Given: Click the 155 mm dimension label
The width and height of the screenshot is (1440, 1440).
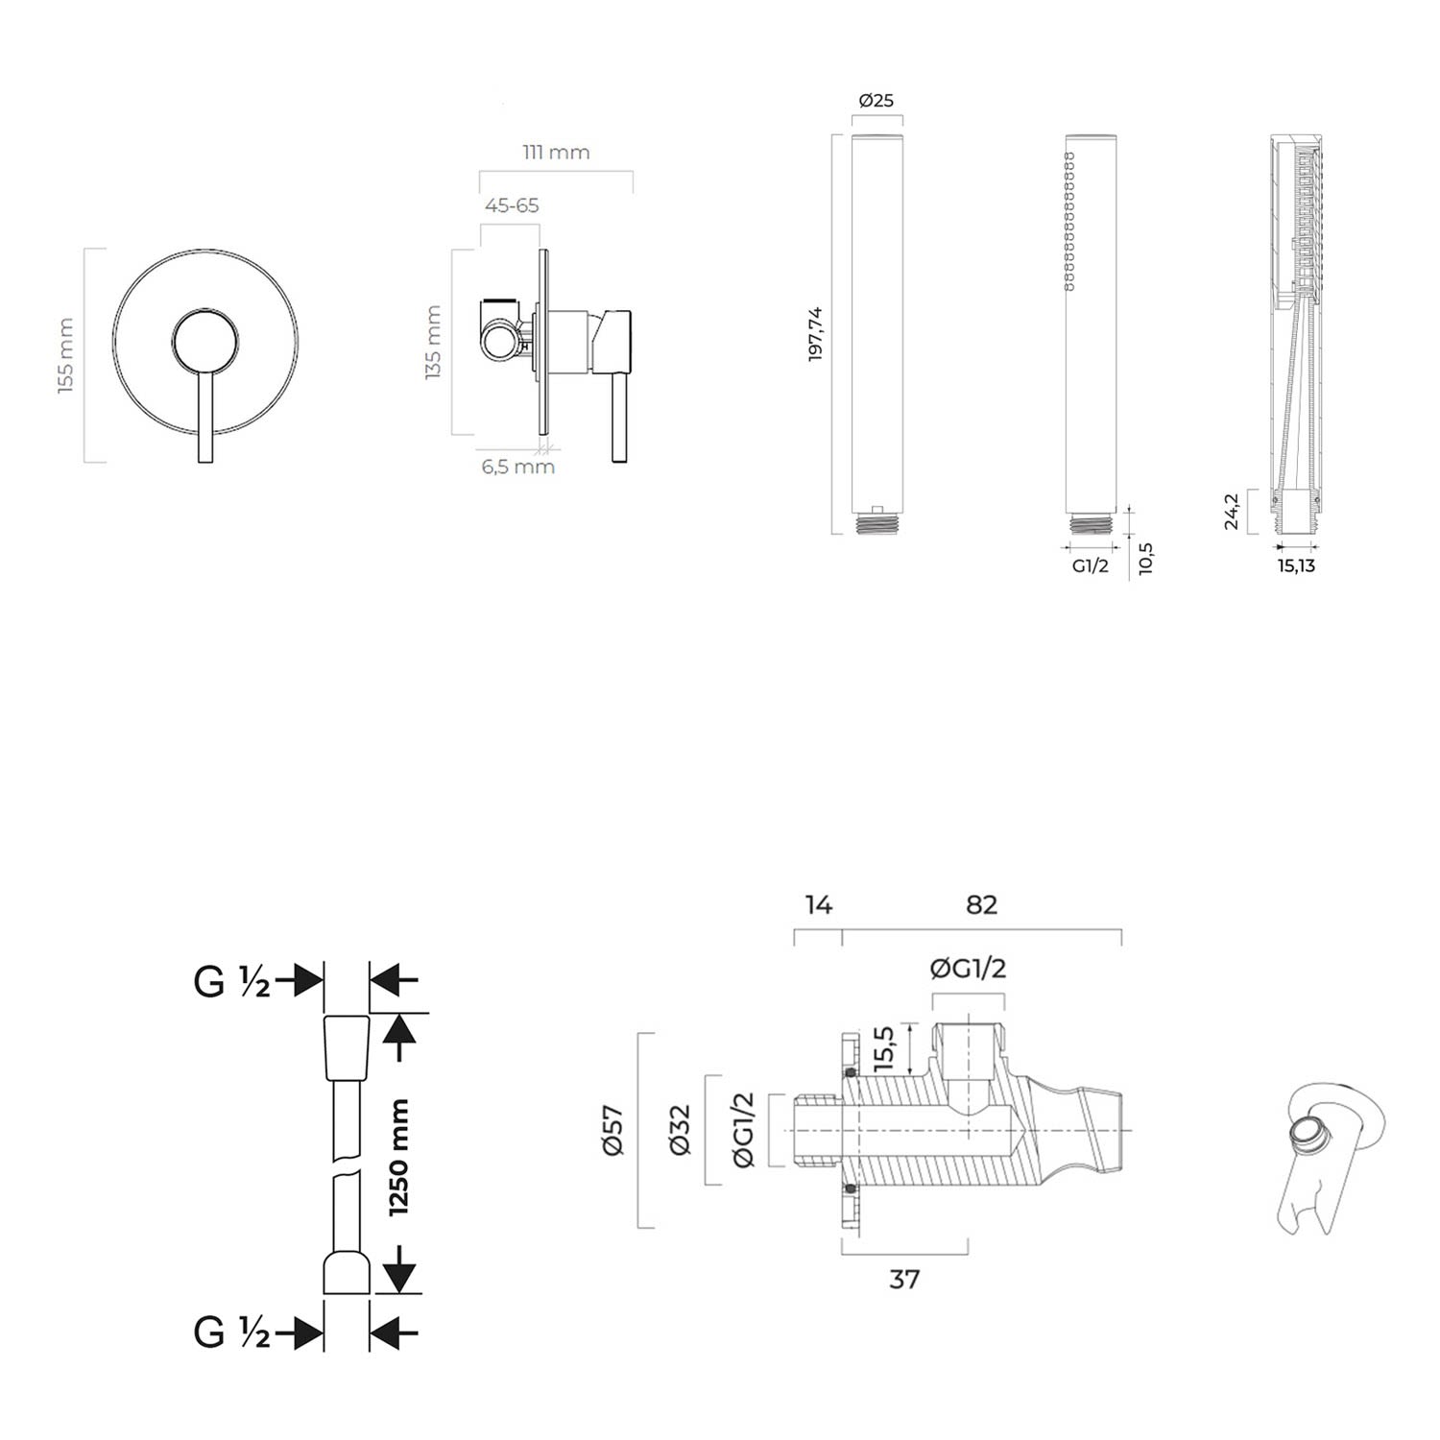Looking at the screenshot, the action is (66, 355).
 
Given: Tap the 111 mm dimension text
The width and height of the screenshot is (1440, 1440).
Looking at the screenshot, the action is (556, 152).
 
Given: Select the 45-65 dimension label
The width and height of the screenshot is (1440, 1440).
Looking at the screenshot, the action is (512, 205).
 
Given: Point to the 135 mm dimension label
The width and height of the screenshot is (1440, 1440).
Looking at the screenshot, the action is (433, 343).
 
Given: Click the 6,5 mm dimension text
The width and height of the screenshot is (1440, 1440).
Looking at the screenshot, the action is (518, 467).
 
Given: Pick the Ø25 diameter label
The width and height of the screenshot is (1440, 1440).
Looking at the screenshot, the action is (876, 100).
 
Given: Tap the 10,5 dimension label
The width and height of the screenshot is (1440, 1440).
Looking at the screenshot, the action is (1144, 558).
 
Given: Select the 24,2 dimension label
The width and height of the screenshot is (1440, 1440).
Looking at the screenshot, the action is (1232, 512).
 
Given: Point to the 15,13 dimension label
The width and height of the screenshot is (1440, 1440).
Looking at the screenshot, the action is (1296, 565).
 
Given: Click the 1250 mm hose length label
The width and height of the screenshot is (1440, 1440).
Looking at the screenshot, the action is (398, 1158).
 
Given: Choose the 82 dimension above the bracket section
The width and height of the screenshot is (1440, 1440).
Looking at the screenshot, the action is (981, 904).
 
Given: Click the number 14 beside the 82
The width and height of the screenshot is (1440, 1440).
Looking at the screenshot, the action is (818, 904).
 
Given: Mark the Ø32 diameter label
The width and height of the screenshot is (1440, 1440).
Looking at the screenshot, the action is (679, 1130).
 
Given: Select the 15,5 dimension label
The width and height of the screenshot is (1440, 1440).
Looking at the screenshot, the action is (884, 1047).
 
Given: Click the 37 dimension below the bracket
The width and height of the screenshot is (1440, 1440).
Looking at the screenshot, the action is (904, 1279).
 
